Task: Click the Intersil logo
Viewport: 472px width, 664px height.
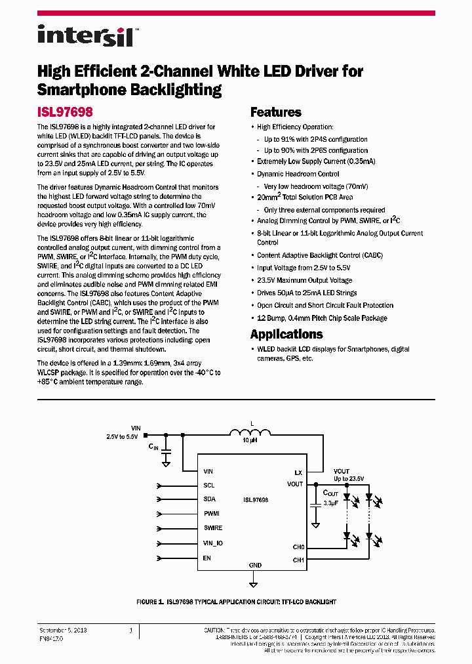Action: point(85,35)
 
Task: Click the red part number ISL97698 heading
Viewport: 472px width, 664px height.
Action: point(65,112)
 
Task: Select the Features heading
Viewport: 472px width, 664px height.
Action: point(276,112)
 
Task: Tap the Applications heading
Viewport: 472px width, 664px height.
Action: point(286,334)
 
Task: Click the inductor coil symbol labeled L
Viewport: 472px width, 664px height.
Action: point(250,433)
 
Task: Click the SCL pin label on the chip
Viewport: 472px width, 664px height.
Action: point(209,486)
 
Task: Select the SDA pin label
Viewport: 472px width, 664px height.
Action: point(210,499)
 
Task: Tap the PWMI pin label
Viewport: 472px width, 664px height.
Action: point(212,514)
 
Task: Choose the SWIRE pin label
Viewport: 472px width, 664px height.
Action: point(213,528)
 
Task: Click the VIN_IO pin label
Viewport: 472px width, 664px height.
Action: point(214,543)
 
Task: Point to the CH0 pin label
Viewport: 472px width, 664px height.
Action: point(298,547)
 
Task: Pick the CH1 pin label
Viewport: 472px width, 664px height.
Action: point(298,560)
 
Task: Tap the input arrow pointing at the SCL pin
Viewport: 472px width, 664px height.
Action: point(159,486)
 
